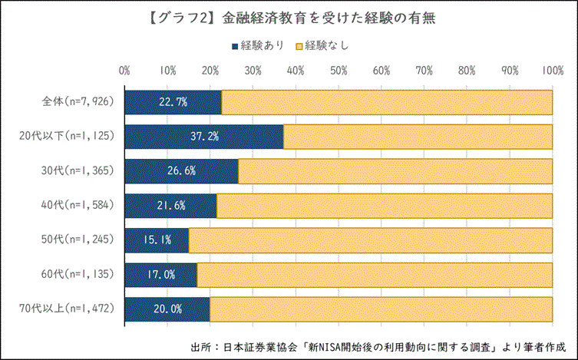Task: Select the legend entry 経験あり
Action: tap(258, 45)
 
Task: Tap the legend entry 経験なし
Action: tap(322, 45)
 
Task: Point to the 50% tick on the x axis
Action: tap(339, 70)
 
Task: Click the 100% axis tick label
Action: tap(552, 70)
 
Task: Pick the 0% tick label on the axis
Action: tap(124, 70)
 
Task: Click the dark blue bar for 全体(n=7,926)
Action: tap(173, 102)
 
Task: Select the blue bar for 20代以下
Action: tap(203, 137)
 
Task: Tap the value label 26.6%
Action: tap(180, 171)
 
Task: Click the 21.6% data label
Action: tap(170, 206)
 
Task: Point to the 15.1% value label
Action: tap(157, 240)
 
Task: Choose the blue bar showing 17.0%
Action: tap(160, 275)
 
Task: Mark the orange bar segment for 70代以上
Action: tap(381, 309)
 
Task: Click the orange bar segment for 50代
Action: tap(370, 240)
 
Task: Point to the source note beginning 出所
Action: tap(378, 345)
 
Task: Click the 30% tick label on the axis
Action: tap(253, 70)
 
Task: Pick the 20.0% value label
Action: tap(167, 309)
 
